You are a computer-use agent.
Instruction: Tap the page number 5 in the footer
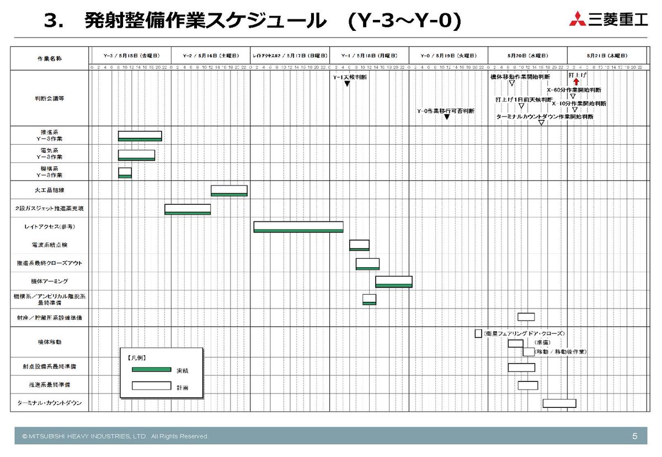pyautogui.click(x=635, y=436)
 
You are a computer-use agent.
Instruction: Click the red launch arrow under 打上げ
pyautogui.click(x=576, y=82)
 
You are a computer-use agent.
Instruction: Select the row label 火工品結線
pyautogui.click(x=50, y=190)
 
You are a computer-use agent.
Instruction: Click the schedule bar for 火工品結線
pyautogui.click(x=229, y=190)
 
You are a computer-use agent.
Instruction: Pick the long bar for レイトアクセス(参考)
pyautogui.click(x=298, y=227)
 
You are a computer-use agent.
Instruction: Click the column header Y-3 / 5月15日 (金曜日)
pyautogui.click(x=131, y=56)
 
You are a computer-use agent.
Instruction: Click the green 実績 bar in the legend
pyautogui.click(x=151, y=369)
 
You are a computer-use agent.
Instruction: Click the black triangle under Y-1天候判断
pyautogui.click(x=347, y=84)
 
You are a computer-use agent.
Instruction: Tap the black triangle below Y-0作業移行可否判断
pyautogui.click(x=446, y=117)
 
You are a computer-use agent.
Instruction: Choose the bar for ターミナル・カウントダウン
pyautogui.click(x=559, y=403)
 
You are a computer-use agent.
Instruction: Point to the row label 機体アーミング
pyautogui.click(x=50, y=281)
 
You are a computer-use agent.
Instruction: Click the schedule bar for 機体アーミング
pyautogui.click(x=394, y=281)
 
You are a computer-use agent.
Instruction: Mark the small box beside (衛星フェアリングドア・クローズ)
pyautogui.click(x=478, y=333)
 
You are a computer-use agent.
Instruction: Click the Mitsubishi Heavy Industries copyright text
pyautogui.click(x=115, y=437)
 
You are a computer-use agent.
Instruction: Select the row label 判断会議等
pyautogui.click(x=50, y=99)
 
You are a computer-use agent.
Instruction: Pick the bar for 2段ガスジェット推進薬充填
pyautogui.click(x=188, y=209)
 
